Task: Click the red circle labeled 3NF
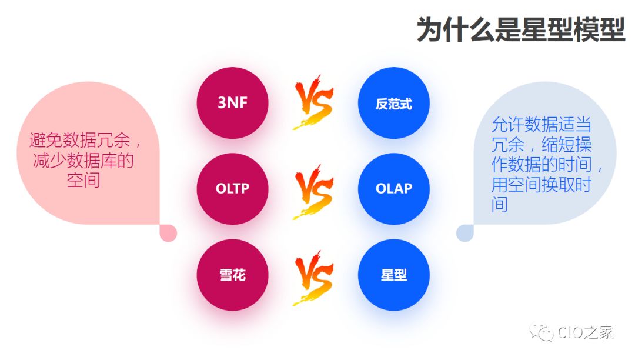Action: [x=232, y=103]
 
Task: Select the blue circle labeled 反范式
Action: [x=393, y=103]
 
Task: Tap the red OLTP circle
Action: [x=232, y=189]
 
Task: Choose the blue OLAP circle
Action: [x=393, y=189]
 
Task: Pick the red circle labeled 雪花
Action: [x=232, y=275]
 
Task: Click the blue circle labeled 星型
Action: [x=393, y=275]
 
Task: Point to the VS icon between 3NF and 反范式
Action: [x=313, y=102]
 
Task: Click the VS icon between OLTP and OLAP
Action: [x=313, y=192]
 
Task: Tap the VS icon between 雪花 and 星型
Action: [x=313, y=278]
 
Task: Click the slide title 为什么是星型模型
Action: [x=521, y=29]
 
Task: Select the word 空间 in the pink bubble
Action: [x=83, y=180]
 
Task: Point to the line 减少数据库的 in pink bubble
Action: [x=83, y=161]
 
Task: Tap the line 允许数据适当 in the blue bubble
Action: [x=542, y=124]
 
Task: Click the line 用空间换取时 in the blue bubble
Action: [x=542, y=185]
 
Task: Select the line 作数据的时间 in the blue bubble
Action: [x=542, y=164]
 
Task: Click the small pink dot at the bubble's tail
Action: [x=169, y=234]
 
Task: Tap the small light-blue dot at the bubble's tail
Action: [x=465, y=234]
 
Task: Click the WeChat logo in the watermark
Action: [x=542, y=332]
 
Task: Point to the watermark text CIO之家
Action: [x=586, y=332]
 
